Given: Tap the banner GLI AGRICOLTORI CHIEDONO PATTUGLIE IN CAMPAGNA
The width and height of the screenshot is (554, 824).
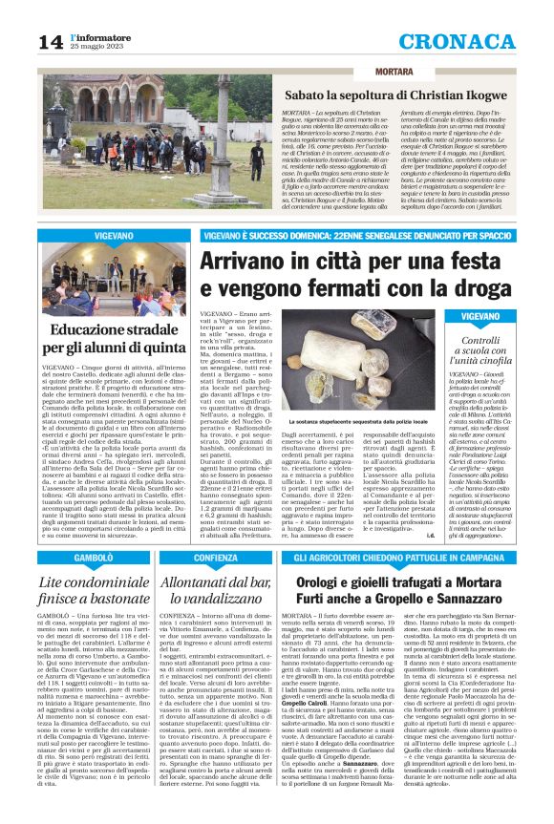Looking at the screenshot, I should point(399,556).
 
